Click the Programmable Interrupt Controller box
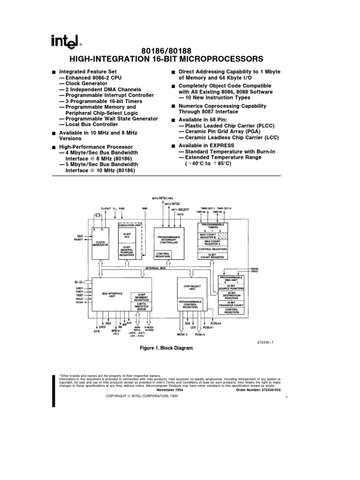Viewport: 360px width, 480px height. [x=170, y=240]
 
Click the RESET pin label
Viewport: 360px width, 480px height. [x=78, y=240]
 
